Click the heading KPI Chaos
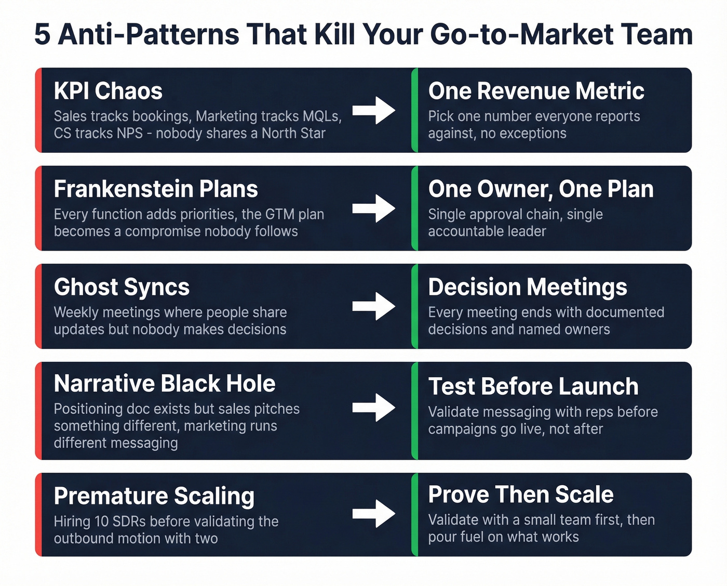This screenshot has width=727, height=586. click(108, 91)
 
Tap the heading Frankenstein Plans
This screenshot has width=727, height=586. click(156, 189)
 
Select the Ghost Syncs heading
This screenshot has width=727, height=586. click(122, 287)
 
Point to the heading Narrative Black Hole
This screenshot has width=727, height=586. click(165, 384)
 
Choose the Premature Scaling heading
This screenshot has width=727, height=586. click(154, 496)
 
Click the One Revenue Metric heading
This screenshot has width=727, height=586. click(536, 91)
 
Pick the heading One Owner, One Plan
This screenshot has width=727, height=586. click(541, 189)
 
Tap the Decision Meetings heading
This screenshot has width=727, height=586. click(528, 287)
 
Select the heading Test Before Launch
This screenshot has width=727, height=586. click(533, 386)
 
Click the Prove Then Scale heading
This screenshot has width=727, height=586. click(521, 494)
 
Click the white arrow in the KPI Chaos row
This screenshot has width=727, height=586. click(374, 110)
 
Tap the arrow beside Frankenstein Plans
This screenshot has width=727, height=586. click(374, 209)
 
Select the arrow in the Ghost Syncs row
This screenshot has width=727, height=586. click(374, 306)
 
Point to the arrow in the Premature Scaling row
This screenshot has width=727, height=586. click(374, 514)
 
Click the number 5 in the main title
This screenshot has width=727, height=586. click(43, 35)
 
